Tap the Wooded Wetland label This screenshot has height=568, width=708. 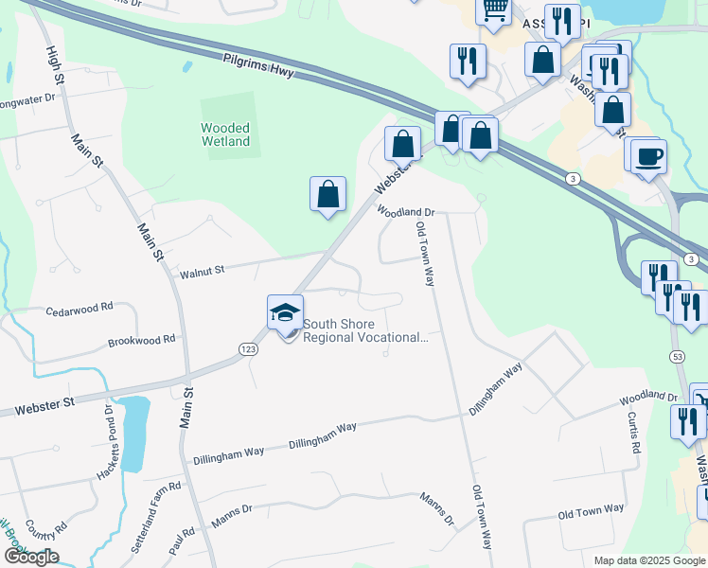225,134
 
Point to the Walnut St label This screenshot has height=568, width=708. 202,271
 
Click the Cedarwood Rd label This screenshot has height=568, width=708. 80,308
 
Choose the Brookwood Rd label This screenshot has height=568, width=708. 142,339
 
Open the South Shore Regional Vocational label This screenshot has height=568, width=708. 364,330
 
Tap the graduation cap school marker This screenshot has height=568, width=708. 285,311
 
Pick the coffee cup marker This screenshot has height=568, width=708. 648,155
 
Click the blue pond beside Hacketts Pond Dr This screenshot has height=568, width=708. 133,432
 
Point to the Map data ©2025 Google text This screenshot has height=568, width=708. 648,560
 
